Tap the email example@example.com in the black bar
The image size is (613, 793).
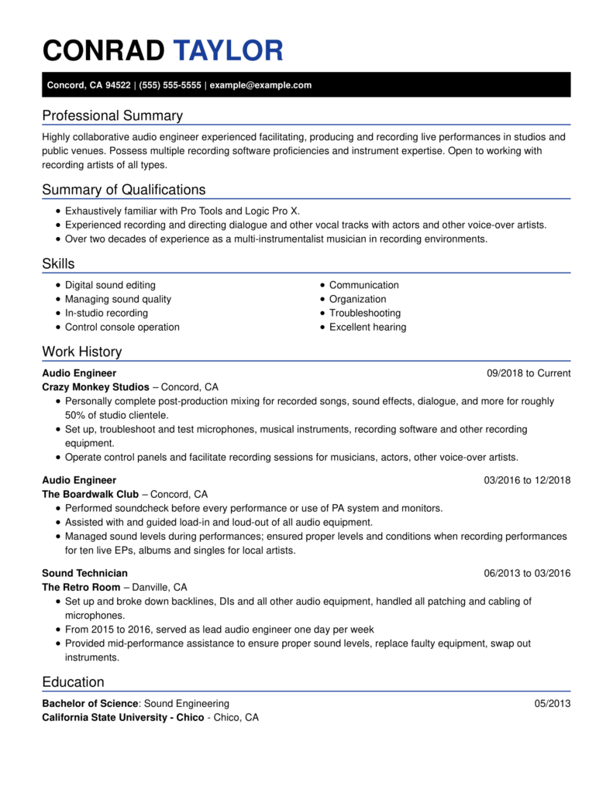point(260,85)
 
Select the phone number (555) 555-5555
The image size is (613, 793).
point(170,85)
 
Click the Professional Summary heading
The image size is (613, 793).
point(112,116)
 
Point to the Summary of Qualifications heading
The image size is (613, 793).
point(123,190)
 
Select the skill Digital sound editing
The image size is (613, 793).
point(110,285)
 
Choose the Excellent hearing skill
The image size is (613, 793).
point(367,327)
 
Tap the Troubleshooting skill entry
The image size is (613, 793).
point(365,313)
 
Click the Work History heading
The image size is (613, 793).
point(81,352)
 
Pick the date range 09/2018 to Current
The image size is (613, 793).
point(529,373)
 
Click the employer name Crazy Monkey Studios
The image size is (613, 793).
point(95,387)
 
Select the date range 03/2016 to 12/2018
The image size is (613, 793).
point(527,480)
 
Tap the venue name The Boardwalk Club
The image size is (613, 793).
point(90,494)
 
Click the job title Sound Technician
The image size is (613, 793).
point(84,573)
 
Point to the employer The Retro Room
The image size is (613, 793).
point(81,587)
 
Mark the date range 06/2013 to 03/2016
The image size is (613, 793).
point(527,573)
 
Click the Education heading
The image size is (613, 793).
point(73,682)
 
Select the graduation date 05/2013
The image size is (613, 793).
point(553,704)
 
